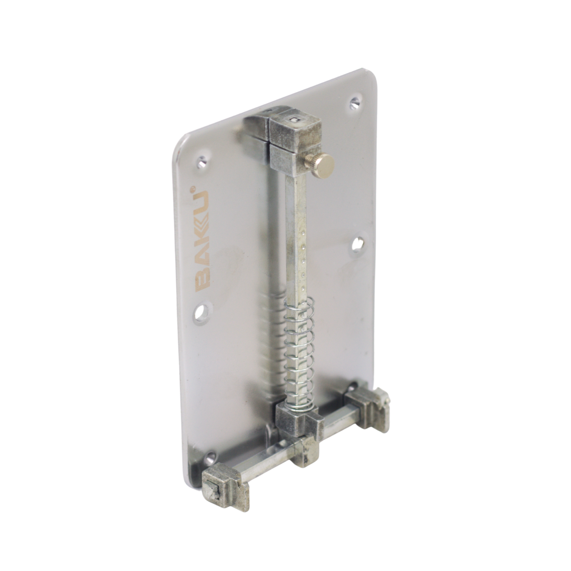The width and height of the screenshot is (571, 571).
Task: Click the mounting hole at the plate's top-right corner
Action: [355, 102]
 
